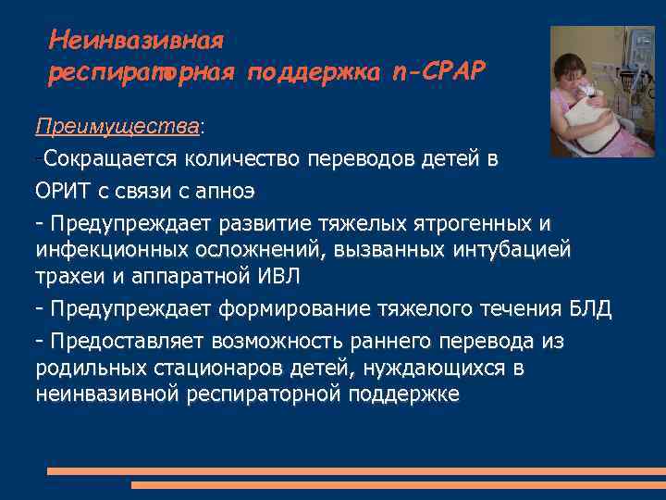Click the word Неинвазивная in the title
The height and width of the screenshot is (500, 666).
137,41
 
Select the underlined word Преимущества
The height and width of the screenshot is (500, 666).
118,125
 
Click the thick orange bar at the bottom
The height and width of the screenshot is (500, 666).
356,472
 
